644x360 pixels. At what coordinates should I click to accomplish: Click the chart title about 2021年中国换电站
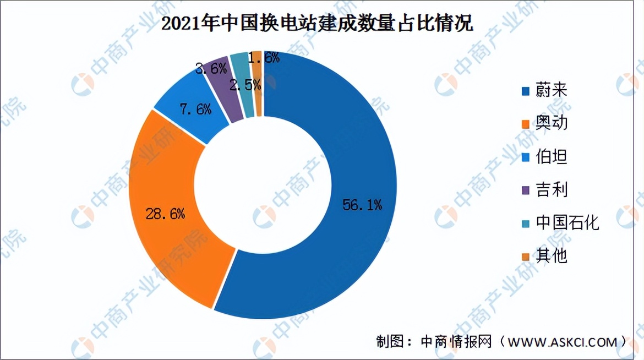318,25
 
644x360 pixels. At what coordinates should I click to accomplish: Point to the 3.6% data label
211,69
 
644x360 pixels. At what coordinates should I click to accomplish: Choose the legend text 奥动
551,124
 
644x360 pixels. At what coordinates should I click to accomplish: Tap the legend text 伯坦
551,157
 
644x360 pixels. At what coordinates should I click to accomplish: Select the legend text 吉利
551,190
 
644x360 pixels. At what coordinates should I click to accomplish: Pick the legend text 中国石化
567,223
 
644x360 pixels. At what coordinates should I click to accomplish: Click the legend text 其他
551,256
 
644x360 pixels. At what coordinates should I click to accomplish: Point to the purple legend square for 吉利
526,190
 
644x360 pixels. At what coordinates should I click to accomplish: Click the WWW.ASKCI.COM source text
561,342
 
